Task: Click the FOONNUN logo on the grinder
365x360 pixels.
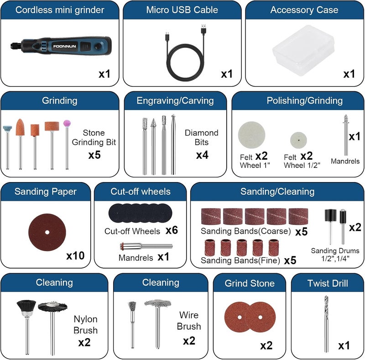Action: point(64,46)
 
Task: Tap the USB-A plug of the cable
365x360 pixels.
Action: point(203,29)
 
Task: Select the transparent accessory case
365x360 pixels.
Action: point(303,50)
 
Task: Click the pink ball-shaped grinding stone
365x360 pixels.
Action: point(67,123)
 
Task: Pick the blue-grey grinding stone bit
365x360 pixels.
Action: point(7,129)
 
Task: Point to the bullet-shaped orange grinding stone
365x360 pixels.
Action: point(20,127)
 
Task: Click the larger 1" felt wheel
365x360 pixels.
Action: point(251,135)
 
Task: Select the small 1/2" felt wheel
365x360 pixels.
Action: point(298,140)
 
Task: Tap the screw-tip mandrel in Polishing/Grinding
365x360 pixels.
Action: point(346,135)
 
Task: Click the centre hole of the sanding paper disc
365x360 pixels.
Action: point(47,232)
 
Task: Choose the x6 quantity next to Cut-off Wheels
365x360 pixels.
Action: point(172,230)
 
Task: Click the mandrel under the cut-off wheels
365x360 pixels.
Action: point(146,246)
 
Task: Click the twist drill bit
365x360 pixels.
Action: point(326,324)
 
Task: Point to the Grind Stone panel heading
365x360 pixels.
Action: point(250,283)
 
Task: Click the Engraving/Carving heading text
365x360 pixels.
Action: point(175,100)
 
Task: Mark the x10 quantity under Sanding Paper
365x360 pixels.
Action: point(75,256)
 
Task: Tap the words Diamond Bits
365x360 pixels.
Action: point(202,137)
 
